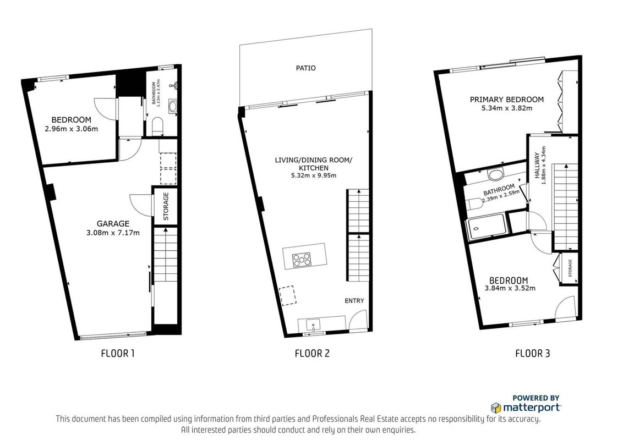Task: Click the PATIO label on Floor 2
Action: [305, 68]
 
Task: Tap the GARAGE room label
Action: [113, 224]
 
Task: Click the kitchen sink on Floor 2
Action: [314, 325]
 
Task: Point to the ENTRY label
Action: [354, 301]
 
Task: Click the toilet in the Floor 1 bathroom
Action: [157, 126]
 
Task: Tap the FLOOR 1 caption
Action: [118, 354]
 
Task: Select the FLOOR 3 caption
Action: [532, 354]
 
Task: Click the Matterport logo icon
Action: [495, 408]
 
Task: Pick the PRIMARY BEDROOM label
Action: [506, 100]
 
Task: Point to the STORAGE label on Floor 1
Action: [166, 206]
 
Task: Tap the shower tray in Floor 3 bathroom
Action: [487, 227]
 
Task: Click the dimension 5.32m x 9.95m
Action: [314, 175]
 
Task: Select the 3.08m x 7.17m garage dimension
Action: [113, 233]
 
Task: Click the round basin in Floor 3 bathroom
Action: [495, 174]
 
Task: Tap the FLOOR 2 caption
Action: [312, 354]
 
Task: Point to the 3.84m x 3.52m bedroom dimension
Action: [510, 288]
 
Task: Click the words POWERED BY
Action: [535, 398]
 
